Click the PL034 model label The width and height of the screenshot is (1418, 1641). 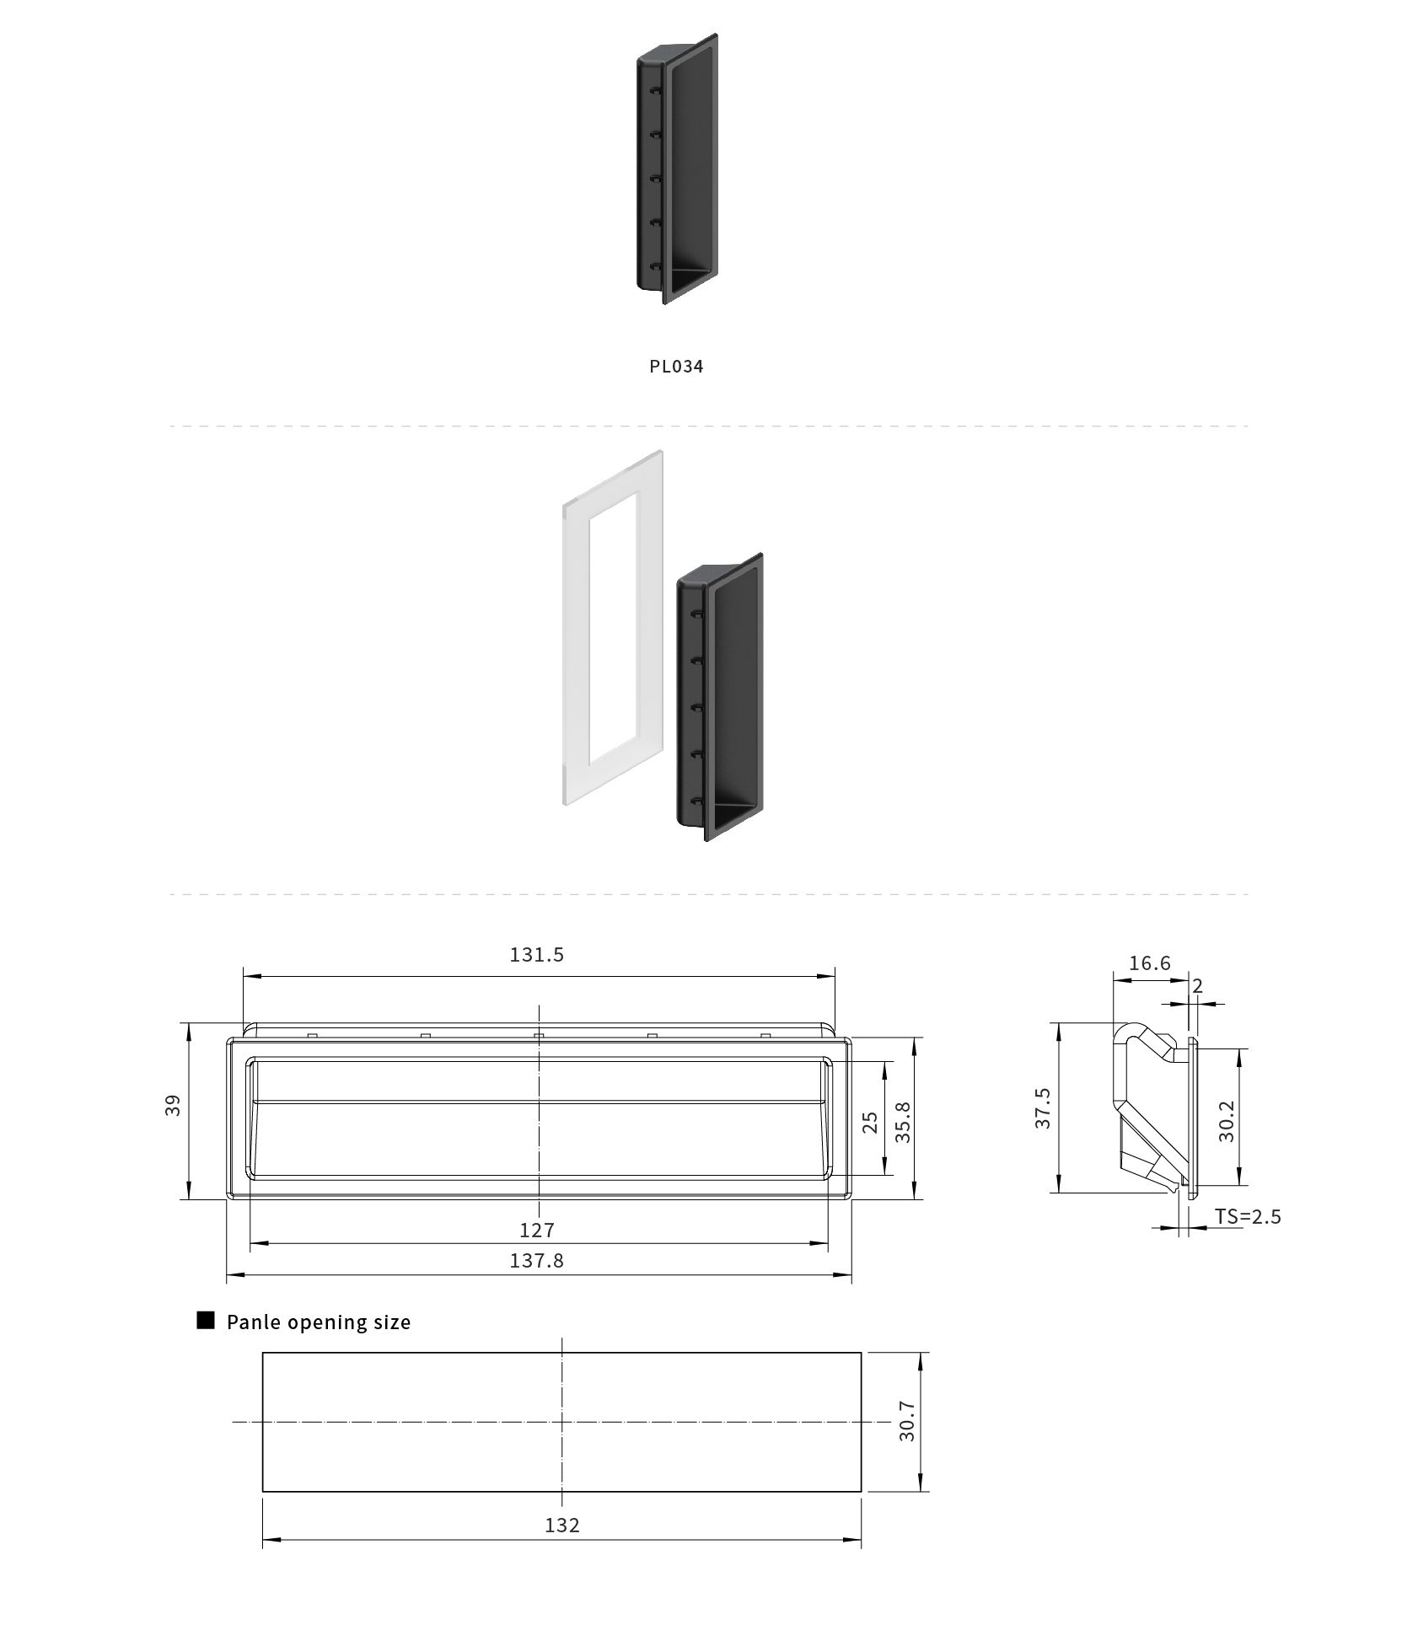coord(676,366)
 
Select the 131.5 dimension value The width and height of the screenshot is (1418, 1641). coord(537,954)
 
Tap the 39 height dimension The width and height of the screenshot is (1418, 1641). coord(173,1105)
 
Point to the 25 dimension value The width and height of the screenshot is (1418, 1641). coord(870,1122)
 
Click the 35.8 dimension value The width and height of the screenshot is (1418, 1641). coord(904,1122)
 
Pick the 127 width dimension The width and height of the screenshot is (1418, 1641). coord(537,1230)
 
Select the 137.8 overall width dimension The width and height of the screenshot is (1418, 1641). coord(537,1260)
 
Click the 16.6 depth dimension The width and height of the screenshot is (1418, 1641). coord(1150,963)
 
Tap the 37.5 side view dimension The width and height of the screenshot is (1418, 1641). coord(1043,1108)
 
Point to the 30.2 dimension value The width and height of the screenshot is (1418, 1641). coord(1227,1121)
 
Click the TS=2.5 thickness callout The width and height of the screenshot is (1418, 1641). coord(1248,1216)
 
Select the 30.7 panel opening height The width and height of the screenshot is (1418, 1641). coord(907,1421)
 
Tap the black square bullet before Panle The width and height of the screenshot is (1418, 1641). coord(206,1320)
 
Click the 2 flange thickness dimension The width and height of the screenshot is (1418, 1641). coord(1198,984)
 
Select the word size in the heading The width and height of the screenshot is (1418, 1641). coord(390,1322)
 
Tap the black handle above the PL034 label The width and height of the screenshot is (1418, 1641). coord(677,169)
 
